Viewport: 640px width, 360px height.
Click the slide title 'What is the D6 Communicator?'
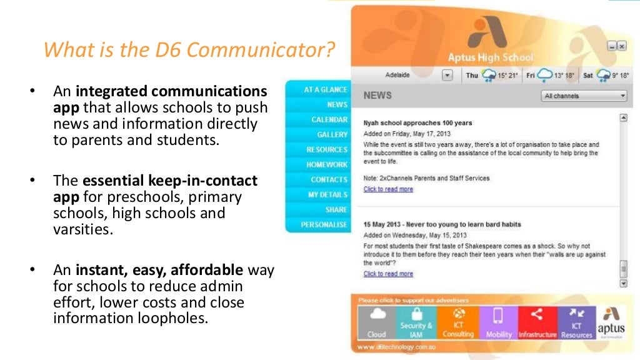[189, 49]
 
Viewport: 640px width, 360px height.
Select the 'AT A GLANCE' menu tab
[325, 89]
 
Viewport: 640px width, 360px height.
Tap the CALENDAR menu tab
[329, 119]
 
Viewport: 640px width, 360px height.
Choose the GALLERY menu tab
[332, 134]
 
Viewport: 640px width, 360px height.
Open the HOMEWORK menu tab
[326, 164]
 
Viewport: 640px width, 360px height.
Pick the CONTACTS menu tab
[329, 179]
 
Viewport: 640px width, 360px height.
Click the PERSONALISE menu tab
[324, 224]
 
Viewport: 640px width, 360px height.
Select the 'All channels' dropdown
[584, 96]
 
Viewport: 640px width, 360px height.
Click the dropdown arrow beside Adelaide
[447, 76]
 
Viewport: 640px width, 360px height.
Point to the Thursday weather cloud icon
[489, 76]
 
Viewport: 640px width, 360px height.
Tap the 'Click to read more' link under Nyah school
[388, 189]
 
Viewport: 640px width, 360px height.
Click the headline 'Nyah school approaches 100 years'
[417, 123]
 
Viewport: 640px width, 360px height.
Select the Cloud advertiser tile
[377, 322]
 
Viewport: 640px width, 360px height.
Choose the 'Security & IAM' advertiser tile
[416, 322]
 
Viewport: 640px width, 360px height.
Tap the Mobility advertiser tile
[498, 322]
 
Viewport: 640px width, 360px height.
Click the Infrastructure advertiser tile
[537, 322]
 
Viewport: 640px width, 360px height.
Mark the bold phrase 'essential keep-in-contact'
[169, 181]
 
